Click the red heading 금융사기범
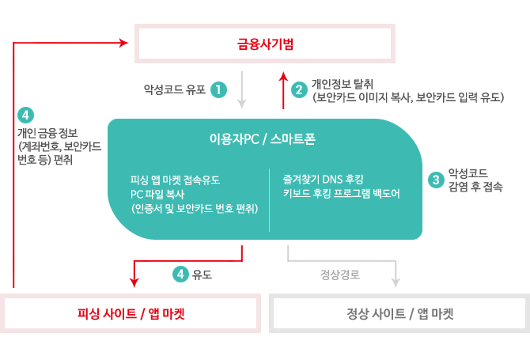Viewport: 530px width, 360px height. tap(265, 44)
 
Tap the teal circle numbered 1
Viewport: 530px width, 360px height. tap(218, 90)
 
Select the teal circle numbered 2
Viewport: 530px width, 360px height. tap(299, 90)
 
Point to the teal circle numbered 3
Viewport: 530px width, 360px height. tap(436, 180)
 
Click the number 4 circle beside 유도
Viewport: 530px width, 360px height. tap(180, 274)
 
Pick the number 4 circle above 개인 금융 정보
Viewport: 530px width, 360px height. tap(25, 116)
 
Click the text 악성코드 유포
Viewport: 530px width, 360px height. tap(175, 89)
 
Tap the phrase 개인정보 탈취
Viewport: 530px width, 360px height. tap(342, 84)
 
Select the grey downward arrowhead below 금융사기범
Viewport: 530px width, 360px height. tap(242, 104)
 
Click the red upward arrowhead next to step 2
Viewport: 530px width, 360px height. tap(283, 77)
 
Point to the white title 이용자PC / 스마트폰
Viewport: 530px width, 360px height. tap(263, 139)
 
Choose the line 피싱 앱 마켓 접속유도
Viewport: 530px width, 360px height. tap(175, 180)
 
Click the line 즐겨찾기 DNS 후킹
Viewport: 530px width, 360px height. tap(323, 179)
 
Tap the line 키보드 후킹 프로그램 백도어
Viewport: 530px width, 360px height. tap(342, 193)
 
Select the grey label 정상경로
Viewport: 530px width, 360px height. tap(340, 275)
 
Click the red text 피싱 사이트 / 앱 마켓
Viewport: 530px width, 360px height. tap(131, 313)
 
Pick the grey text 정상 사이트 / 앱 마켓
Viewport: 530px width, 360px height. tap(399, 313)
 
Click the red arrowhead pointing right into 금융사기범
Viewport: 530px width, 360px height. tap(123, 43)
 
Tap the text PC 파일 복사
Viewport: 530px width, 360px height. tap(157, 194)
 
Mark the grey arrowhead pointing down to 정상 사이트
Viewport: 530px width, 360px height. tap(396, 282)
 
